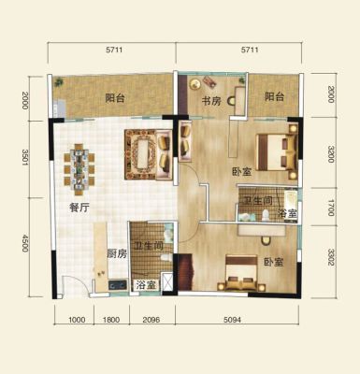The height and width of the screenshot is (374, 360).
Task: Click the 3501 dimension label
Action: (25, 159)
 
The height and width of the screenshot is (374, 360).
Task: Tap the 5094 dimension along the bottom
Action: (232, 320)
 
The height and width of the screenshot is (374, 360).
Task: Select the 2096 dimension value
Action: (151, 320)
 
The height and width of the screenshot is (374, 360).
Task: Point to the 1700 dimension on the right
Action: (331, 207)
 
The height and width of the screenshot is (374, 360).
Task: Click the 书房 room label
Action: (211, 101)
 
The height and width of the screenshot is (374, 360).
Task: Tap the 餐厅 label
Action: (79, 208)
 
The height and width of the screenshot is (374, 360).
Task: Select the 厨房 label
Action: (117, 254)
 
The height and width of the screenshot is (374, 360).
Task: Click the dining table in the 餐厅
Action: (79, 169)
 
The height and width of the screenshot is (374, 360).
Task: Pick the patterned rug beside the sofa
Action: (140, 154)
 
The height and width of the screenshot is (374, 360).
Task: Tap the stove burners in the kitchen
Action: (118, 284)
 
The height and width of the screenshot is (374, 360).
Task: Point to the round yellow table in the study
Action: (195, 84)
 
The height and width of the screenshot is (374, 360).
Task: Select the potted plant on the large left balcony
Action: (58, 82)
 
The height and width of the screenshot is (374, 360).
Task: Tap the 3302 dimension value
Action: (331, 257)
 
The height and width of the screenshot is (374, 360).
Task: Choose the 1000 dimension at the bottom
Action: (77, 320)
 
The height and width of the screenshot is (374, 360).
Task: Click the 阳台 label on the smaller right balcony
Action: (275, 96)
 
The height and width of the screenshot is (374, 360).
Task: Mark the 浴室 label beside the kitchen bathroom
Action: (146, 285)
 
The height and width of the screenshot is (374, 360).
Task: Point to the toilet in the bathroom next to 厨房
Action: (166, 257)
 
